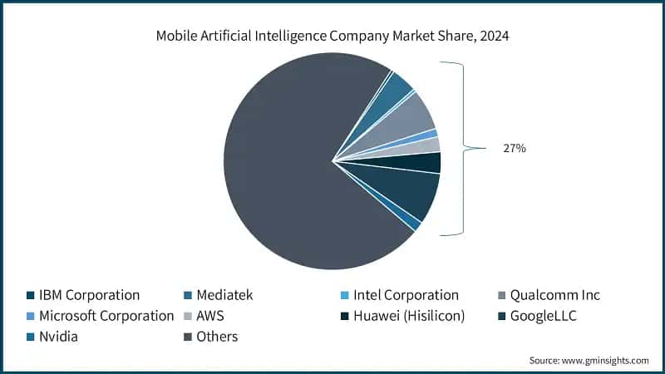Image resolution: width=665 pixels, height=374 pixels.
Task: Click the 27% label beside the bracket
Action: (513, 148)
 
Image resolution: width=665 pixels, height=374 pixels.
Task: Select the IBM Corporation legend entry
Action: (83, 295)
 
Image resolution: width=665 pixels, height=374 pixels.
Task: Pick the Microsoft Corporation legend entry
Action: (99, 316)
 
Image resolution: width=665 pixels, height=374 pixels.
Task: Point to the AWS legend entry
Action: (210, 316)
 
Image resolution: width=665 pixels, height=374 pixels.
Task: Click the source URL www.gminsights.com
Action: (606, 360)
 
